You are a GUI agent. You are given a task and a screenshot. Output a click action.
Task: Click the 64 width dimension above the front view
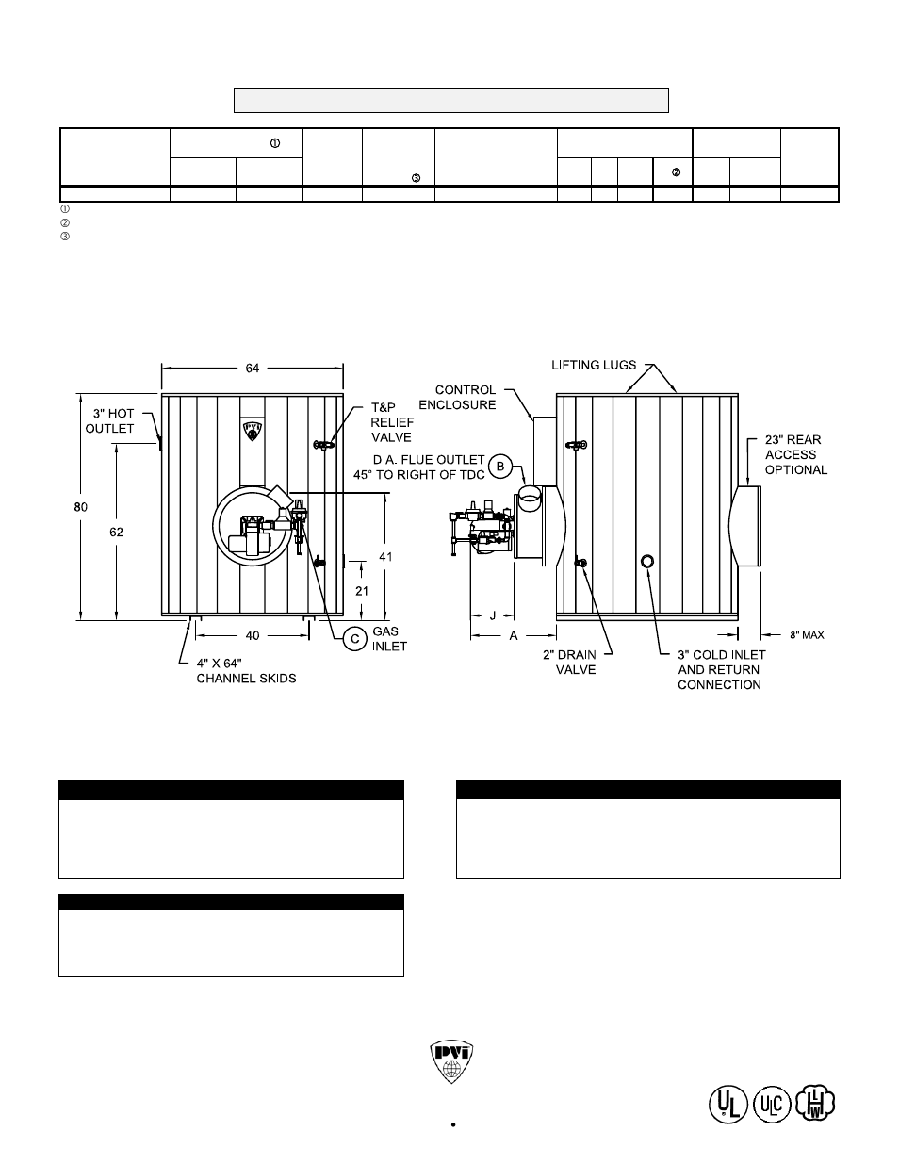point(253,369)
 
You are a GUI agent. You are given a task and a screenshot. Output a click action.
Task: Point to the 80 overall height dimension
point(81,507)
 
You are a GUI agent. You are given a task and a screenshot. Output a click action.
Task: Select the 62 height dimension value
point(116,532)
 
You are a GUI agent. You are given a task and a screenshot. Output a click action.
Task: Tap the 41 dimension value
point(385,557)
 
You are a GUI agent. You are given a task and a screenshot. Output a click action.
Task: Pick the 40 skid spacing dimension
point(253,635)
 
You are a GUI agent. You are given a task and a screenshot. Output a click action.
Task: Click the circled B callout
point(502,466)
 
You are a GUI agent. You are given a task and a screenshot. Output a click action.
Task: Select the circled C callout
point(354,639)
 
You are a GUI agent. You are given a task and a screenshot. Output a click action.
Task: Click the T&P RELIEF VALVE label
point(391,422)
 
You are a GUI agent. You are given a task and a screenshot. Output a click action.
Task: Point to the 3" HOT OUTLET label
point(110,421)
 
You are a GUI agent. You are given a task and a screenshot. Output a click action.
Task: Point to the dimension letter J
point(492,615)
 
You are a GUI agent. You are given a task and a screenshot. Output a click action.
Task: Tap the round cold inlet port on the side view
point(646,561)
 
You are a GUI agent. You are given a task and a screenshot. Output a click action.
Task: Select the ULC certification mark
point(771,1104)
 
